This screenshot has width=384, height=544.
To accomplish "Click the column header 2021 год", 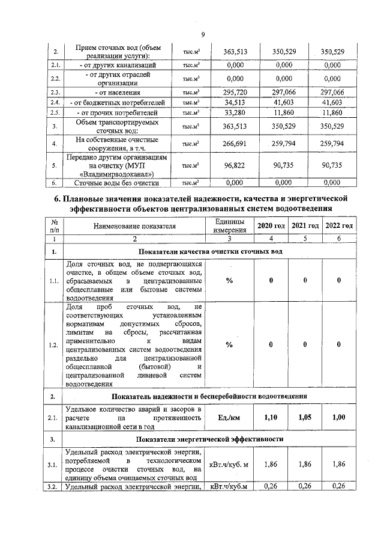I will [x=305, y=225].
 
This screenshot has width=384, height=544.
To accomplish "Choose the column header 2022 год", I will [x=339, y=225].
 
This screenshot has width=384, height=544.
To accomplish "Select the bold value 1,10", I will [x=271, y=417].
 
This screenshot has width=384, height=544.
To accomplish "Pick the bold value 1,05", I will [x=305, y=417].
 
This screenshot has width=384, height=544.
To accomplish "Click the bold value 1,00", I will [x=339, y=417].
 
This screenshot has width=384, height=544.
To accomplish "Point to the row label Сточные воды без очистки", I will [x=117, y=183].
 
